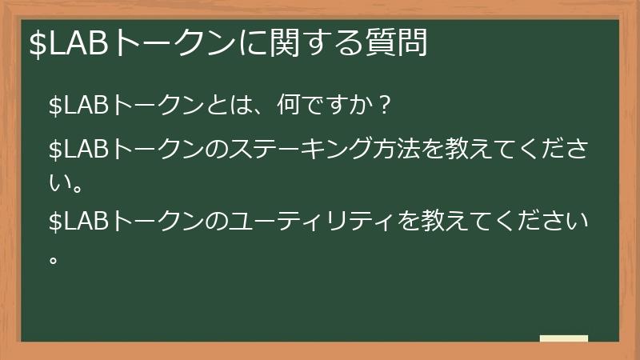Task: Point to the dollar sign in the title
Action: coord(37,44)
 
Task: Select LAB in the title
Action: coord(80,44)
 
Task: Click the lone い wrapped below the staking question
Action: coord(57,185)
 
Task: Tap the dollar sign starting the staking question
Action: coord(55,149)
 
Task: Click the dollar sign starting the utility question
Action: coord(55,221)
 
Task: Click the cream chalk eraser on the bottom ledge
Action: coord(564,338)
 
